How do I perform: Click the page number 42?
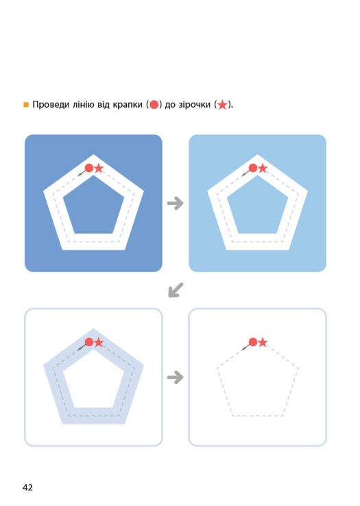[27, 487]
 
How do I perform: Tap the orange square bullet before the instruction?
[26, 104]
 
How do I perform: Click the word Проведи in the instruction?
[51, 104]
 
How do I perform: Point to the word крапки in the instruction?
[128, 105]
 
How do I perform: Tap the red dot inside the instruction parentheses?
[154, 104]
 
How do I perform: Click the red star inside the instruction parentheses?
[222, 104]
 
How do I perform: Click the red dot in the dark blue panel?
[89, 168]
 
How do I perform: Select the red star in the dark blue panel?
[99, 168]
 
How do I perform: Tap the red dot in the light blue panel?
[253, 168]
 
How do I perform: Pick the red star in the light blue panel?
[263, 168]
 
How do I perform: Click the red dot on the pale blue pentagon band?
[89, 342]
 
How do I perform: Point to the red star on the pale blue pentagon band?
[99, 342]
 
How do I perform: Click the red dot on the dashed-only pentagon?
[253, 342]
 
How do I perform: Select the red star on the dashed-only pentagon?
[263, 342]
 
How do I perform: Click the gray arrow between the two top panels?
[176, 204]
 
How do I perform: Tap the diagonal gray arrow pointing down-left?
[176, 290]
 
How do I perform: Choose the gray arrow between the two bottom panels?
[176, 377]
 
